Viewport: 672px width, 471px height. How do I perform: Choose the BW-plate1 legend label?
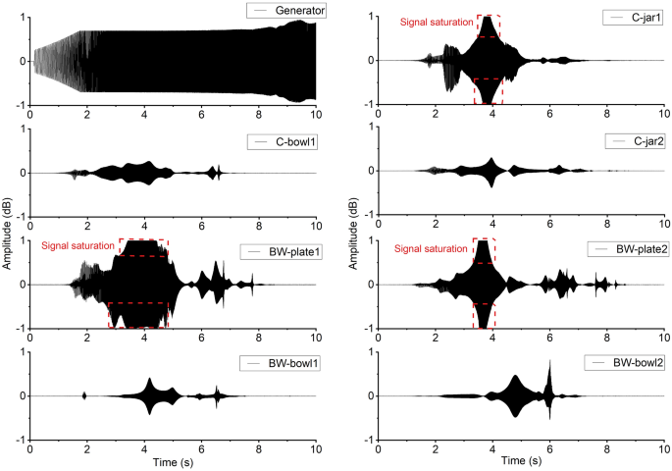pyautogui.click(x=295, y=251)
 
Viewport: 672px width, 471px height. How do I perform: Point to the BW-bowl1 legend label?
pyautogui.click(x=293, y=363)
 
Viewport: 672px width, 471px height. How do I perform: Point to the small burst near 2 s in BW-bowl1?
pyautogui.click(x=84, y=395)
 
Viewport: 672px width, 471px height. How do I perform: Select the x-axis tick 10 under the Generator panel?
pyautogui.click(x=316, y=115)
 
